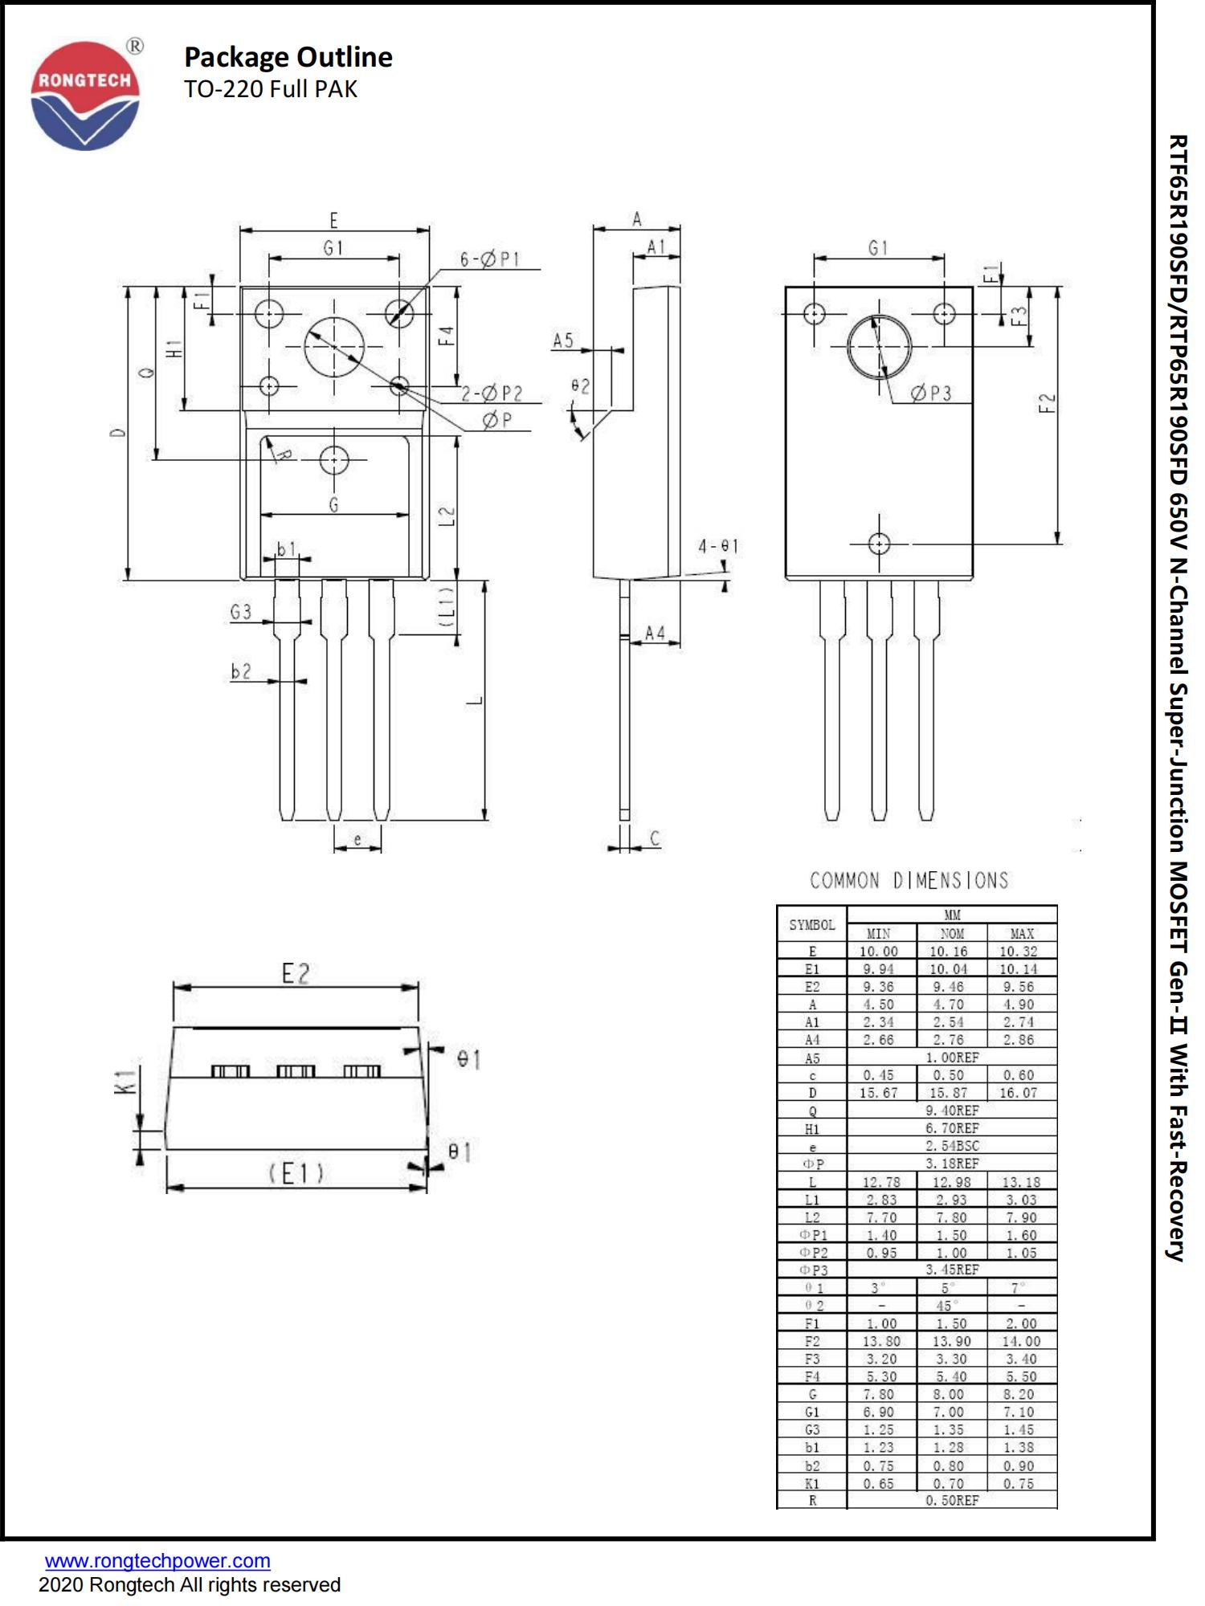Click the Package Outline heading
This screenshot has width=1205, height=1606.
pyautogui.click(x=288, y=57)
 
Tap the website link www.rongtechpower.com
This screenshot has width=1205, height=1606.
pyautogui.click(x=157, y=1561)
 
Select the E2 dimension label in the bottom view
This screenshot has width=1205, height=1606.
pyautogui.click(x=295, y=973)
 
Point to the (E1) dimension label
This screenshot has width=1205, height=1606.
pyautogui.click(x=296, y=1174)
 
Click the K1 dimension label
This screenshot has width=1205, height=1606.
pyautogui.click(x=123, y=1081)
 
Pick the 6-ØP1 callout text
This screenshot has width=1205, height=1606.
pyautogui.click(x=489, y=259)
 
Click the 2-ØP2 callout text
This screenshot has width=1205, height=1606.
pyautogui.click(x=492, y=393)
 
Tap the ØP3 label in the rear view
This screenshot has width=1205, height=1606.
pyautogui.click(x=931, y=393)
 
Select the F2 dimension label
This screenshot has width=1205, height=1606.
pyautogui.click(x=1047, y=403)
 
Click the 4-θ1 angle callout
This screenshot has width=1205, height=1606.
pyautogui.click(x=717, y=547)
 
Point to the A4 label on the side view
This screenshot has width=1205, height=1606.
pyautogui.click(x=655, y=634)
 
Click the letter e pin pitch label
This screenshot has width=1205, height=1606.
pyautogui.click(x=357, y=840)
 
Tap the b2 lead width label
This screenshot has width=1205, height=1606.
pyautogui.click(x=241, y=671)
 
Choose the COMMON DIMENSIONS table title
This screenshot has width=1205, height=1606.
pyautogui.click(x=909, y=881)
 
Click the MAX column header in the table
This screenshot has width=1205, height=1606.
pyautogui.click(x=1022, y=934)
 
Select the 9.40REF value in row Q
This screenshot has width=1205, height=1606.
pyautogui.click(x=952, y=1111)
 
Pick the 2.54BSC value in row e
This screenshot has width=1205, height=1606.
pyautogui.click(x=952, y=1146)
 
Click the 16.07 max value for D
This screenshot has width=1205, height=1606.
pyautogui.click(x=1018, y=1093)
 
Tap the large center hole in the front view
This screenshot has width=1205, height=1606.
pyautogui.click(x=334, y=347)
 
